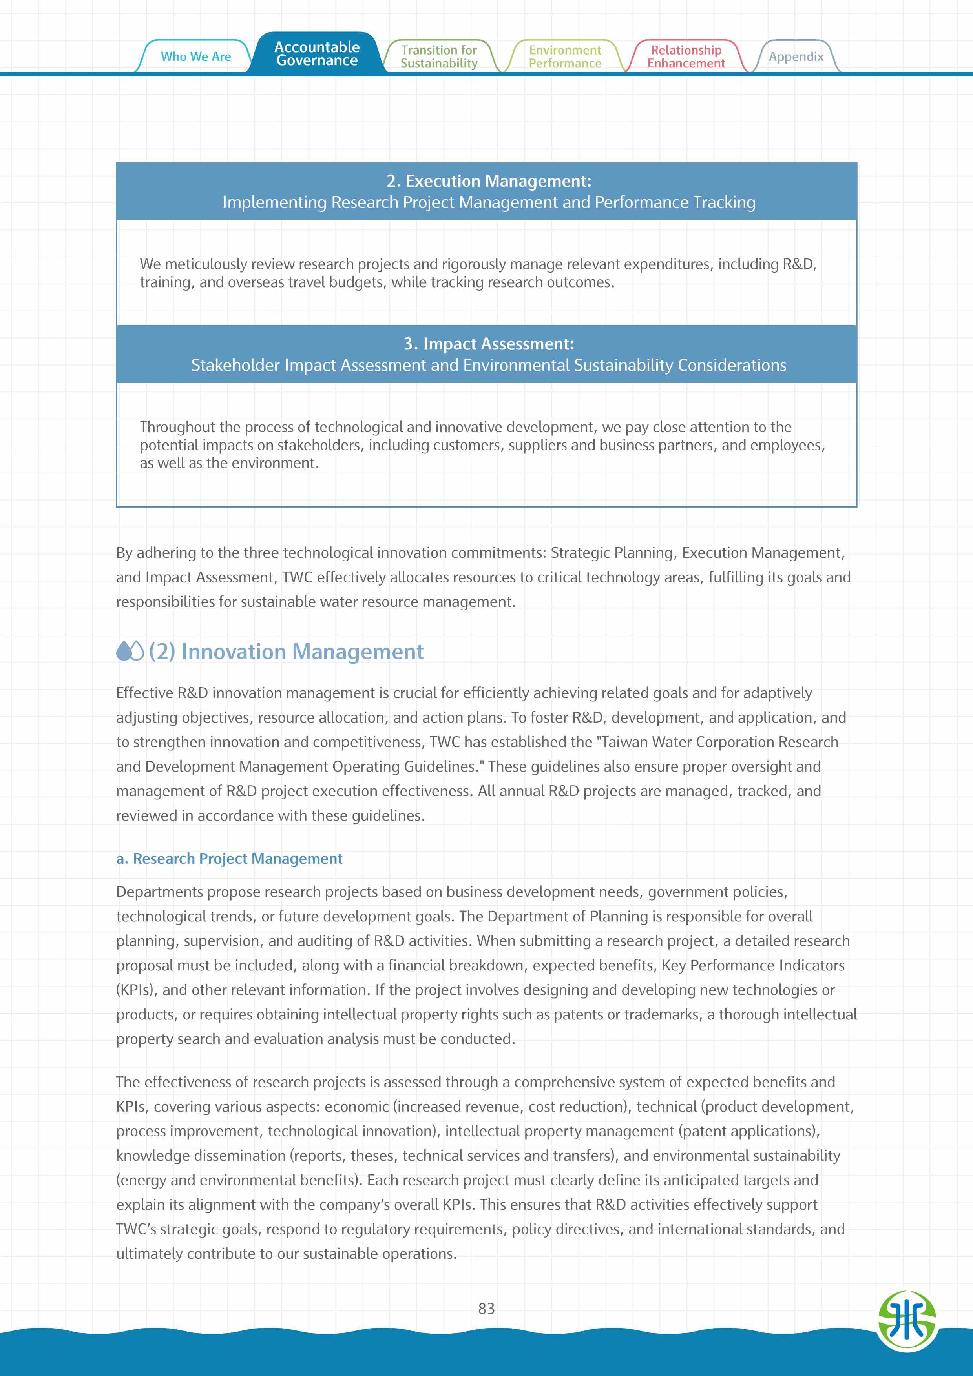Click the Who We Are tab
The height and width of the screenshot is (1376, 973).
(195, 56)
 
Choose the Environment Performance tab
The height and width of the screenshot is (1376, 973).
(565, 56)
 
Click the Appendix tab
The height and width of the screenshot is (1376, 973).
(796, 56)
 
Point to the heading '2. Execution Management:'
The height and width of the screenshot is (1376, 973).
(489, 181)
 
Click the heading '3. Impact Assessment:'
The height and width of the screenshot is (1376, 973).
(489, 344)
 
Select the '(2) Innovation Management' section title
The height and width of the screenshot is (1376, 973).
(286, 652)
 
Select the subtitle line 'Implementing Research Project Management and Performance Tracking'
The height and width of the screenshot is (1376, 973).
(489, 202)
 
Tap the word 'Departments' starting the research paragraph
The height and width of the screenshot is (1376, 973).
(159, 892)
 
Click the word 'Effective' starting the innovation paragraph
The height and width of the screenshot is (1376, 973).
(144, 693)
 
